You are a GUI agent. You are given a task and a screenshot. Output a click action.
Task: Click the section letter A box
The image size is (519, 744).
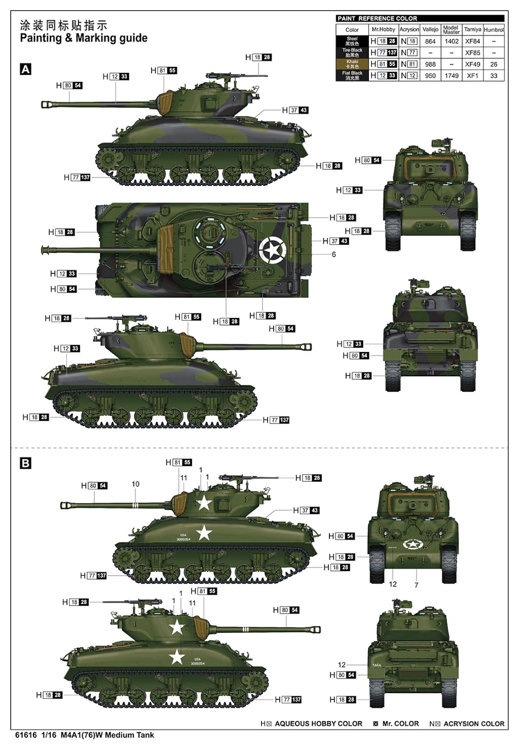[x=26, y=69]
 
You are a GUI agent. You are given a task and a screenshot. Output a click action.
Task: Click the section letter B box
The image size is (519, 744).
[x=26, y=463]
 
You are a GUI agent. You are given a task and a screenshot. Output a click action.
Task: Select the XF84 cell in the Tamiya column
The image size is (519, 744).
[x=472, y=41]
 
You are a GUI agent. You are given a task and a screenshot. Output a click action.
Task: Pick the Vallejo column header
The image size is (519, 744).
[x=430, y=29]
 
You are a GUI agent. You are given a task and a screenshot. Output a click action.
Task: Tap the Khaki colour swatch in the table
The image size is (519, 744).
[x=352, y=64]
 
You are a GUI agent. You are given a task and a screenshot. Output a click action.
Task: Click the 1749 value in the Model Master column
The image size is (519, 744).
[x=451, y=75]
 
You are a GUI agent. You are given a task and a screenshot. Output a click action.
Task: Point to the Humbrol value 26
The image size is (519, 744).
[x=493, y=64]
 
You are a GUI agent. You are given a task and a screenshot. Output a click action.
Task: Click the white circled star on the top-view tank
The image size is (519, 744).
[x=271, y=250]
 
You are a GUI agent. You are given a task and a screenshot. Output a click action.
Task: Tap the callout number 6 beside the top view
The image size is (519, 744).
[x=334, y=254]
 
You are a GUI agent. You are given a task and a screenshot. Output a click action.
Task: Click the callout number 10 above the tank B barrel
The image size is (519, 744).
[x=135, y=484]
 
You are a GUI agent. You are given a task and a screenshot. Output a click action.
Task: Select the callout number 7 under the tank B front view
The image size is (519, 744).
[x=416, y=585]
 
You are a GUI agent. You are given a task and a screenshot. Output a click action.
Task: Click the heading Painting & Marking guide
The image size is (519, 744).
[x=84, y=38]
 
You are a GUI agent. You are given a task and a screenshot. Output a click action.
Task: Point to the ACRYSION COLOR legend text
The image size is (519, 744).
[x=473, y=724]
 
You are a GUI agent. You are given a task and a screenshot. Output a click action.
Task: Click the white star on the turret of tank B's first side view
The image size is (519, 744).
[x=204, y=503]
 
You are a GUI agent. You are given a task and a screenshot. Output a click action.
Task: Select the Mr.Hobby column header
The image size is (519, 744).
[x=383, y=29]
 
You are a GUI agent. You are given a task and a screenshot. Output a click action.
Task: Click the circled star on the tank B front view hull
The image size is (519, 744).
[x=411, y=544]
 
